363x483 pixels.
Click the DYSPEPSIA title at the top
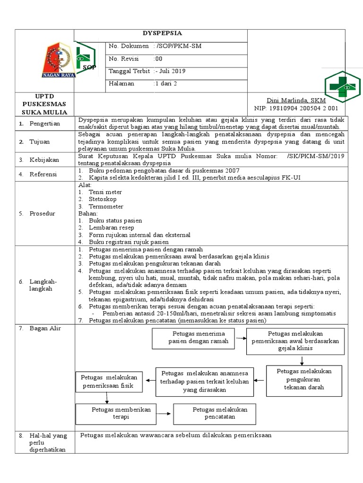(x=162, y=33)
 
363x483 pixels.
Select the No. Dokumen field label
(x=129, y=46)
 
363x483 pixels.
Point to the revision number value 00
(x=158, y=58)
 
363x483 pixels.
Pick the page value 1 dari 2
(x=165, y=83)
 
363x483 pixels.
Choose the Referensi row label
(x=43, y=174)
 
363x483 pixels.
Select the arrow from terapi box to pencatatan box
(x=164, y=414)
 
